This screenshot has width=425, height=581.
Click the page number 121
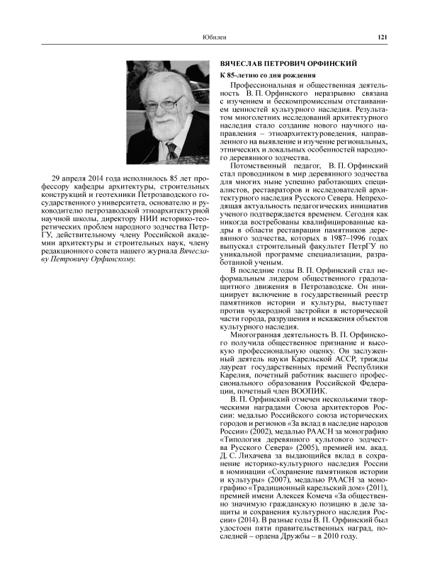(380, 37)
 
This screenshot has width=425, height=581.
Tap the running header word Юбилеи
(213, 37)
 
